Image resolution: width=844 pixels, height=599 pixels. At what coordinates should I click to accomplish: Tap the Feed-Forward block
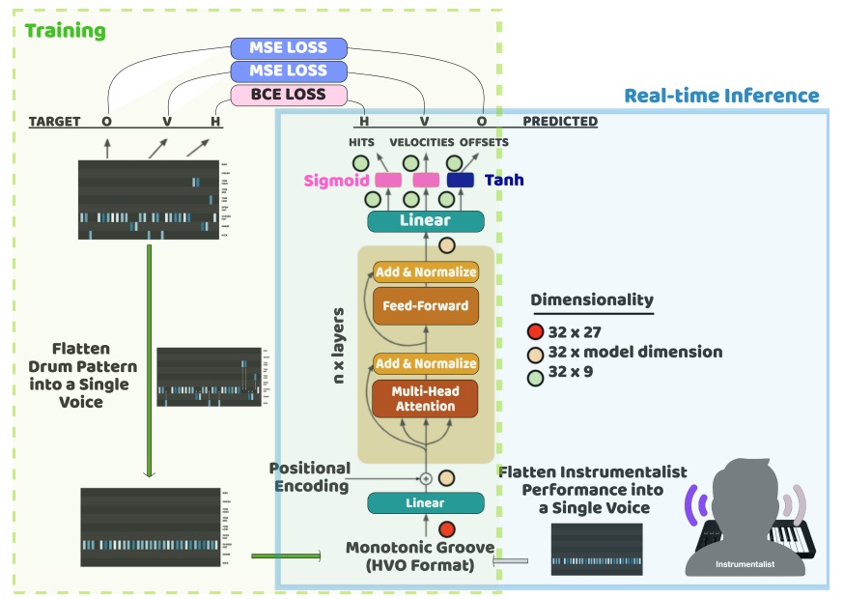tap(425, 305)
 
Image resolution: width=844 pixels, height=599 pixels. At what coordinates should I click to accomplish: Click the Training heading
tap(65, 30)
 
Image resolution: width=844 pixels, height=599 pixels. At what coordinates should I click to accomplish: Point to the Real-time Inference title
tap(721, 96)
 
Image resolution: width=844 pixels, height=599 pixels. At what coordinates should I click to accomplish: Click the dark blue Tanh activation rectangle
tap(460, 180)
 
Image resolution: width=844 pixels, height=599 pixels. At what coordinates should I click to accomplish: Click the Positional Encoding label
tap(309, 477)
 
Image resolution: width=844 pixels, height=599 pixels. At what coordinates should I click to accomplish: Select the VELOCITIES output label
tap(422, 143)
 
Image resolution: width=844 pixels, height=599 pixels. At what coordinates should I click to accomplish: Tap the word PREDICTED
tap(559, 122)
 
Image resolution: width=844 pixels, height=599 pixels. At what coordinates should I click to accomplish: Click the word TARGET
tap(54, 122)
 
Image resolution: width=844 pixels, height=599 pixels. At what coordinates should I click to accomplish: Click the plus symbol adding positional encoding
tap(425, 478)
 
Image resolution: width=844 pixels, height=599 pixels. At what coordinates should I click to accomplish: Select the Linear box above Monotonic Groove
tap(425, 502)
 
